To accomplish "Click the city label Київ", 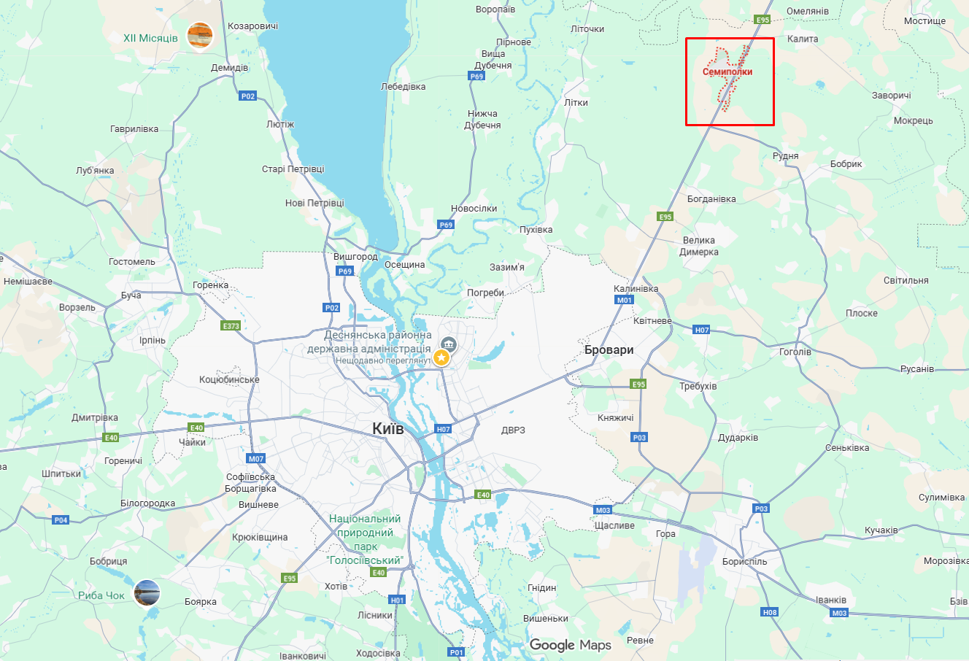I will (x=387, y=428).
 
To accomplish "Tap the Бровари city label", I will (x=609, y=350).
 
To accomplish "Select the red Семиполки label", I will (x=727, y=72).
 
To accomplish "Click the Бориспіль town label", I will (x=744, y=562).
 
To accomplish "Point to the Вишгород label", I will (x=355, y=257).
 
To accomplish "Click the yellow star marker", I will (x=441, y=357).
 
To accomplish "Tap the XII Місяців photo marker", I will (x=199, y=35).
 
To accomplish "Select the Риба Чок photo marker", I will (x=147, y=592).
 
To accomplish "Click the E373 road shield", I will (x=231, y=326).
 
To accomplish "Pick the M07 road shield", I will (x=255, y=459).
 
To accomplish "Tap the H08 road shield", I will (x=770, y=613).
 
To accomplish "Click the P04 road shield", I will (x=61, y=520).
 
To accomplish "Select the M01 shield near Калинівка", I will (x=625, y=300).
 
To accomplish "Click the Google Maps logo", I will (x=570, y=645).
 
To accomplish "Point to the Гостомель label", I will (x=132, y=262).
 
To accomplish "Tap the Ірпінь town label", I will (x=153, y=341).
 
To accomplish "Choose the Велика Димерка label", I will (x=699, y=246).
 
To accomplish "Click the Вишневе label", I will (x=258, y=505).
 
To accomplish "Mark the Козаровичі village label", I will (x=252, y=26).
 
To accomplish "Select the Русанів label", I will (x=916, y=369).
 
